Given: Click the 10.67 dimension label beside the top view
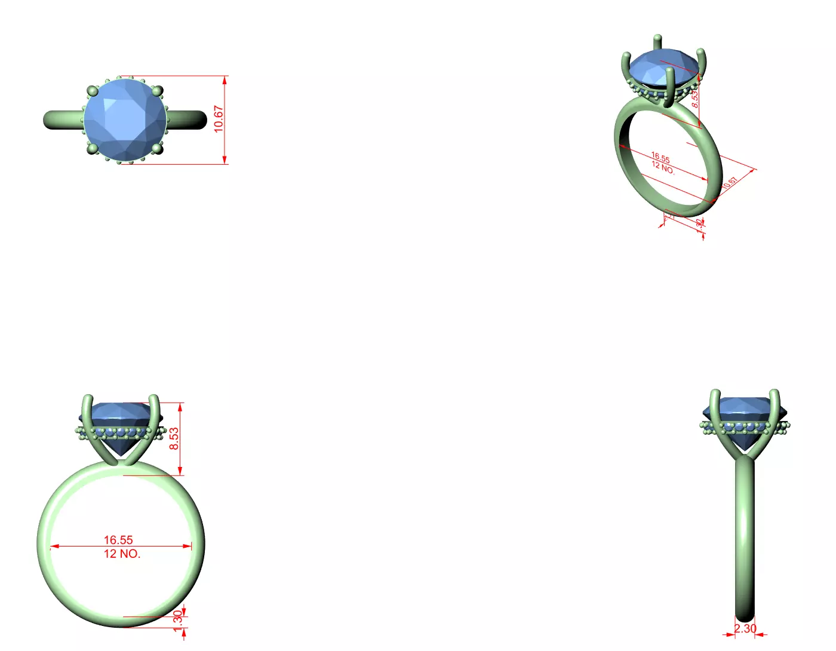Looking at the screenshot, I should tap(219, 119).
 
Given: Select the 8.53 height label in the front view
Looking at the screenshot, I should tap(174, 438).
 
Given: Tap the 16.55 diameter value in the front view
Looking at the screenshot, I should tap(118, 540).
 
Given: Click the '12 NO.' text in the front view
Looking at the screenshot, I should tap(122, 554).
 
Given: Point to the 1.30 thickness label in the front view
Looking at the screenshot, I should tap(177, 618).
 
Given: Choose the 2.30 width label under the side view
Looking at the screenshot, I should tap(745, 628).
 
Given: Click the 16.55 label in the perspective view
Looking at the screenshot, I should tap(660, 158).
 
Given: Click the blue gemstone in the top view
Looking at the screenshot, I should tap(124, 119).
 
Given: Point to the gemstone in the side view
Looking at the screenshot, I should tap(745, 418).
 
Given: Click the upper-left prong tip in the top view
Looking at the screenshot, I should tap(92, 91).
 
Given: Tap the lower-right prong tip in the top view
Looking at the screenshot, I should tap(157, 148).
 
